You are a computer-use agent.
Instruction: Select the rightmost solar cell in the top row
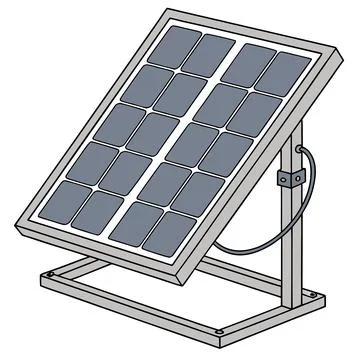[289, 73]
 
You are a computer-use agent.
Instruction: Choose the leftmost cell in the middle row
[122, 120]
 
